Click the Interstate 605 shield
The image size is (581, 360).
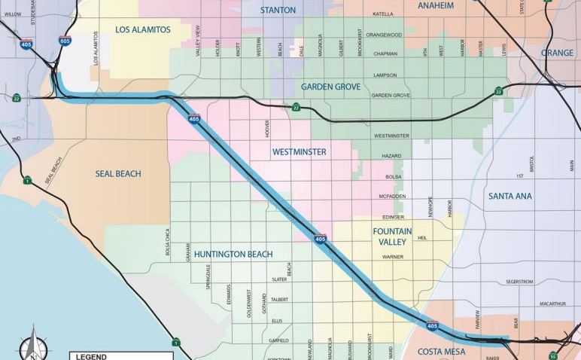point(65,41)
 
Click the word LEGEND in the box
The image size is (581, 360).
point(90,356)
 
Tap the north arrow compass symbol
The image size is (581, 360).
point(32,346)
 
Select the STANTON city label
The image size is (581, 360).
point(278,10)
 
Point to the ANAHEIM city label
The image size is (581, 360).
point(436,5)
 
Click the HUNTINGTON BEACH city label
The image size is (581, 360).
point(233,254)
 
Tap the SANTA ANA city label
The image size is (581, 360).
point(510,196)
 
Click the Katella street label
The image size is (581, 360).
point(383,14)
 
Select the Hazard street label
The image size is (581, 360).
point(391,155)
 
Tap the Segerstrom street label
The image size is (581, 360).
point(519,282)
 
